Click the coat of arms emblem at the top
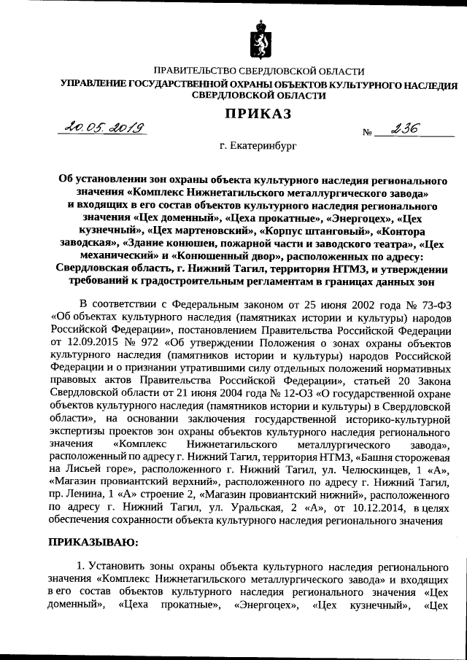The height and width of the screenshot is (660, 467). (258, 40)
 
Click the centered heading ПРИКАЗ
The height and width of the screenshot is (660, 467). (257, 112)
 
